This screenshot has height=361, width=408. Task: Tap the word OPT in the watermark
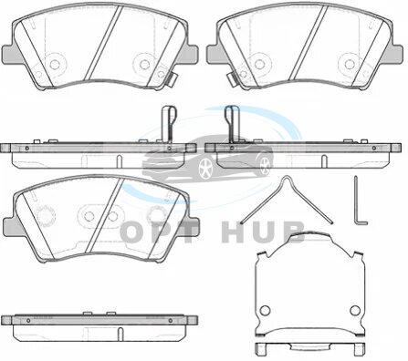[x=159, y=232]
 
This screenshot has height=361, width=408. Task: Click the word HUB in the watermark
[x=264, y=232]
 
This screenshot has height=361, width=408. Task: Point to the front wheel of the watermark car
[x=205, y=168]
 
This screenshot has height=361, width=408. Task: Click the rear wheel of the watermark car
[x=267, y=165]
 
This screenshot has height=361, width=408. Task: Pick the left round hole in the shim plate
[x=265, y=310]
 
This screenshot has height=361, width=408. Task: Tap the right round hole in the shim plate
[x=355, y=310]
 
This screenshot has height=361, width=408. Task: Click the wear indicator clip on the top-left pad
[x=172, y=80]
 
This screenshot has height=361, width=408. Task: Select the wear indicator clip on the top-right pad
[x=232, y=80]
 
